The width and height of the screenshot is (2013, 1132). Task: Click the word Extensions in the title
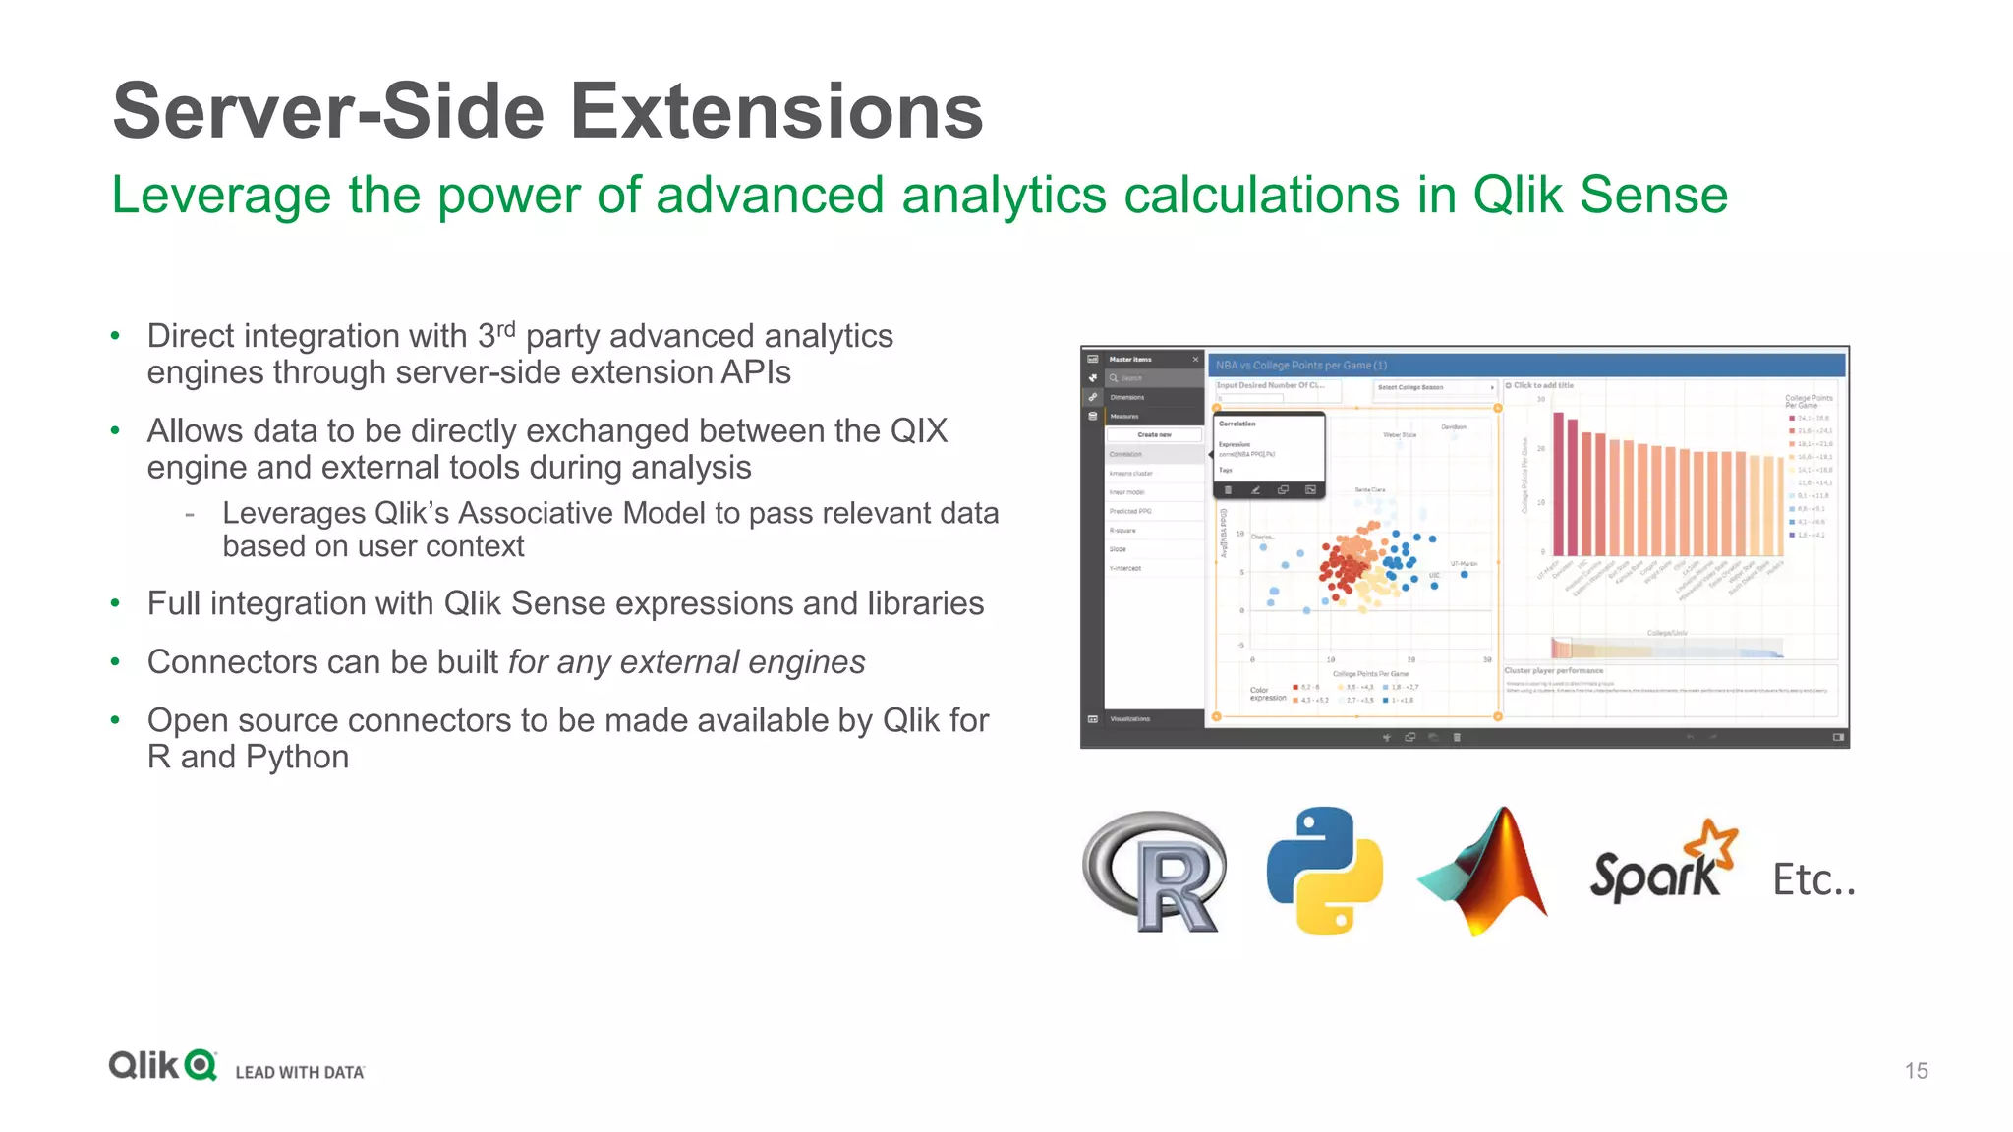click(776, 111)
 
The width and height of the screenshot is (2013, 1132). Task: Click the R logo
click(1156, 872)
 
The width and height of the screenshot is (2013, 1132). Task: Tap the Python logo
click(1324, 871)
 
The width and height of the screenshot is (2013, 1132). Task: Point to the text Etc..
click(1812, 879)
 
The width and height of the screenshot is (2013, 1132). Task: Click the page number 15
click(1916, 1071)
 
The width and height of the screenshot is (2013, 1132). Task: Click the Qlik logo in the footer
click(163, 1066)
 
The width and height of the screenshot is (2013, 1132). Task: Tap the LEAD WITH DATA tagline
click(300, 1072)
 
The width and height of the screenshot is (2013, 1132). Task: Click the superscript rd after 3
click(505, 329)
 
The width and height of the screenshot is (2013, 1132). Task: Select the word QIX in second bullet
click(919, 431)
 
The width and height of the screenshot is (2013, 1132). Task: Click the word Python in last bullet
click(297, 758)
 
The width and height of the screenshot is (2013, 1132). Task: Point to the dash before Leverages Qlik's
click(190, 514)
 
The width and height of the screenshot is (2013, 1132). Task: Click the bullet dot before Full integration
click(115, 603)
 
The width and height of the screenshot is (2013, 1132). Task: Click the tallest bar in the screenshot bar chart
click(1559, 483)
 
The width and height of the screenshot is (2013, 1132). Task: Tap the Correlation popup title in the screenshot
click(1237, 424)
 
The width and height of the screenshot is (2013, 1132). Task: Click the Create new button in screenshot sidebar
click(1154, 434)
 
